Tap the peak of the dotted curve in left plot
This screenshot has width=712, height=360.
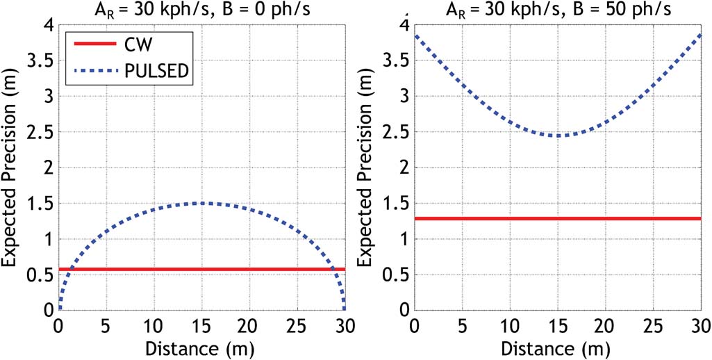(x=201, y=203)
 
